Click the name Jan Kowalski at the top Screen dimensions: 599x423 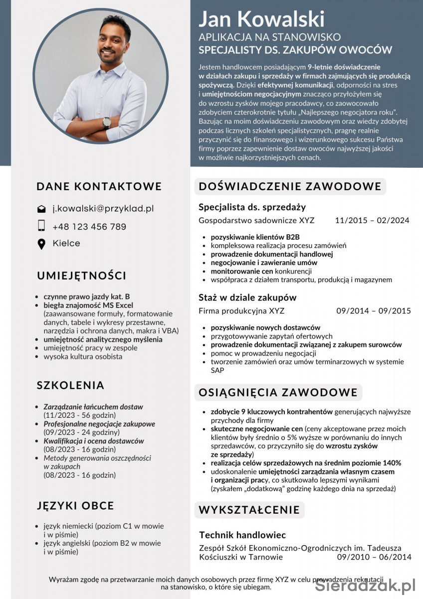[261, 19]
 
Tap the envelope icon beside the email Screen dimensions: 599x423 [41, 209]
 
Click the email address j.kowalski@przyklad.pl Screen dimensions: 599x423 [103, 209]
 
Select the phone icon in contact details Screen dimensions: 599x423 [41, 226]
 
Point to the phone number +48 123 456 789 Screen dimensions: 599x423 [89, 227]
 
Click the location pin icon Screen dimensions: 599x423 [41, 244]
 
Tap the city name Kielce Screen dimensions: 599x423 [66, 243]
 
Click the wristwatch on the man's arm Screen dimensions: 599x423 [107, 122]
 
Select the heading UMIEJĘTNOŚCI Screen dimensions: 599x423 [81, 276]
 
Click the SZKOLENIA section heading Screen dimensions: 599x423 [70, 385]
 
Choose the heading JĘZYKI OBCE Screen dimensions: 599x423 [75, 506]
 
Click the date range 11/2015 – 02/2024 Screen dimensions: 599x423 [372, 220]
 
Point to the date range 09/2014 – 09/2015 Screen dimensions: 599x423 [374, 310]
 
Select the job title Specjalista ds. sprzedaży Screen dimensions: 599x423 [252, 207]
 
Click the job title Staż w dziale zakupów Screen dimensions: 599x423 [247, 298]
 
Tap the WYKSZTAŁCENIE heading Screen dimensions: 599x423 [249, 510]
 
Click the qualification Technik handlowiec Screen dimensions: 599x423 [242, 535]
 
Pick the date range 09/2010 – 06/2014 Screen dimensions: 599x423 [374, 557]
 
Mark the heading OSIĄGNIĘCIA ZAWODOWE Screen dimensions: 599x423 [278, 392]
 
